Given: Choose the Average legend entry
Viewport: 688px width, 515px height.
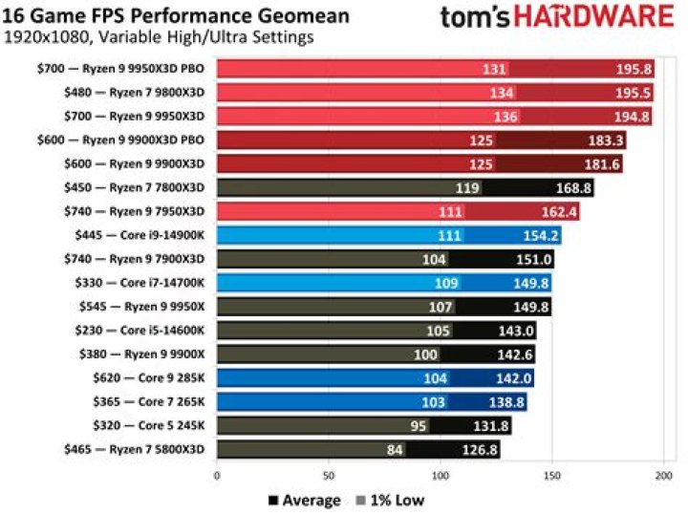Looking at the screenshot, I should (x=303, y=500).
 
